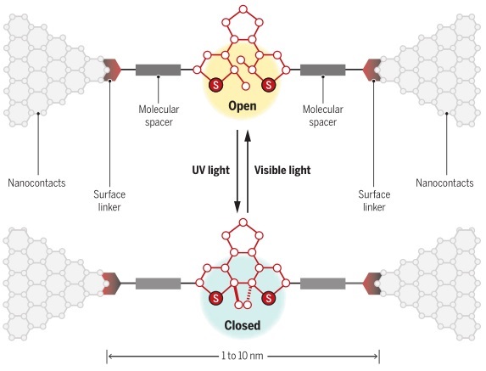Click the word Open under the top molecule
pyautogui.click(x=243, y=106)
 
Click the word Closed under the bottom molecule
pyautogui.click(x=243, y=325)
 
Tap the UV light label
pyautogui.click(x=210, y=171)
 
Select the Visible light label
pyautogui.click(x=282, y=171)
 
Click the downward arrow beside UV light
pyautogui.click(x=237, y=171)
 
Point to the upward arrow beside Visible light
pyautogui.click(x=248, y=171)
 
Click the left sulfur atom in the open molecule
pyautogui.click(x=215, y=84)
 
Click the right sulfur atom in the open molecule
pyautogui.click(x=268, y=84)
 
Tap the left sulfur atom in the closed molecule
pyautogui.click(x=215, y=299)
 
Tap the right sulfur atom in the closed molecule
pyautogui.click(x=268, y=299)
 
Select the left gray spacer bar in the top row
pyautogui.click(x=158, y=70)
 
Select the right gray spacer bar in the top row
pyautogui.click(x=322, y=70)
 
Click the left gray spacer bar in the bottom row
pyautogui.click(x=158, y=284)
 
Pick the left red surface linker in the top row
pyautogui.click(x=112, y=70)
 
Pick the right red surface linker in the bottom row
pyautogui.click(x=372, y=284)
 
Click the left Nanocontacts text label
pyautogui.click(x=36, y=183)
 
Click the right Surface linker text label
pyautogui.click(x=374, y=200)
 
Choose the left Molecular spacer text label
pyautogui.click(x=159, y=115)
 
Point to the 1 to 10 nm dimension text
pyautogui.click(x=243, y=356)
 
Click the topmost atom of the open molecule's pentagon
pyautogui.click(x=243, y=9)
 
